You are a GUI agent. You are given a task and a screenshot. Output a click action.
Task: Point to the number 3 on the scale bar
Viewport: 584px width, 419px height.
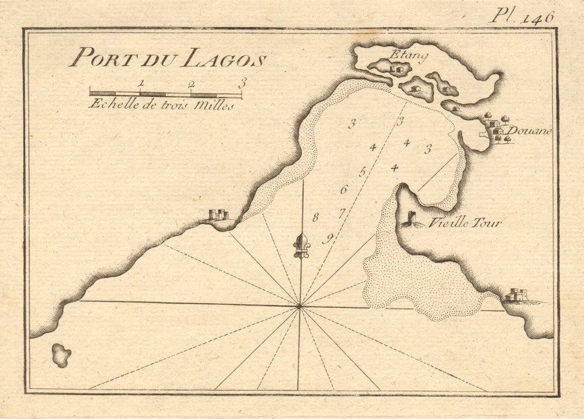242,83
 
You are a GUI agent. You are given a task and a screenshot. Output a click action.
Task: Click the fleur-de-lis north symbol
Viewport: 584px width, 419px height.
301,245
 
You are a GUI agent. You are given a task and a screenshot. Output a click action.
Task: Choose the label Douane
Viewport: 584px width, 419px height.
529,131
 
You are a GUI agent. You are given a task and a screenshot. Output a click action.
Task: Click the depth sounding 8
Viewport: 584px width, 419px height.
315,218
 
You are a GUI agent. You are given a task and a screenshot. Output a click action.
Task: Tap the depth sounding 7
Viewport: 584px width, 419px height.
342,213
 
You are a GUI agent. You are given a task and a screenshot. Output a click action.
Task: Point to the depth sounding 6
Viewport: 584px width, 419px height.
343,190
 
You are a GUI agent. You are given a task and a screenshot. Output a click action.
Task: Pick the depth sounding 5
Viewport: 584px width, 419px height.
362,172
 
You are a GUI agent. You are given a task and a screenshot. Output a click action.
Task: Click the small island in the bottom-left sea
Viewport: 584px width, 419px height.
61,354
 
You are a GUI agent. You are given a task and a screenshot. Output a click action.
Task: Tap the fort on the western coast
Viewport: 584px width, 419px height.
218,215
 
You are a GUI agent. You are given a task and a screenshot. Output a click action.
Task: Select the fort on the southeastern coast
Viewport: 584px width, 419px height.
517,295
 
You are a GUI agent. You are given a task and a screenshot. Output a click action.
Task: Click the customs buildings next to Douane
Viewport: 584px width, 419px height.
495,128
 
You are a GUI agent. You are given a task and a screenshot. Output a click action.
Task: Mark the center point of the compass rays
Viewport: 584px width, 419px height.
300,305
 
